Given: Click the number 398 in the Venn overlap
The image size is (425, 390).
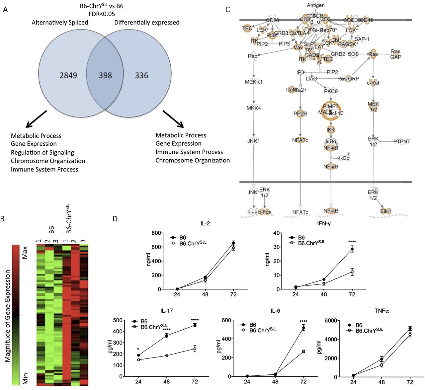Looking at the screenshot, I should click(105, 75).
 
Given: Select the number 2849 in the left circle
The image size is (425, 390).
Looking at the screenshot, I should click(68, 75).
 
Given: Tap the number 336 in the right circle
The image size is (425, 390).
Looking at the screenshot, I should click(141, 75).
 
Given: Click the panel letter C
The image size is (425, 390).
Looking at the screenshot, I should click(227, 9).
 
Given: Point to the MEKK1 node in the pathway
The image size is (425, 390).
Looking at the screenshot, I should click(254, 82).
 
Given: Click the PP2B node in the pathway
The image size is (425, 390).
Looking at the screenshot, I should click(300, 114).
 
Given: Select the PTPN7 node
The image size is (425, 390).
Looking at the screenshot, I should click(401, 141).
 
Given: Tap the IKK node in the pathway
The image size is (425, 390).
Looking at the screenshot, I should click(331, 129).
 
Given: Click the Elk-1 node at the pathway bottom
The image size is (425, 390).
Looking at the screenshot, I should click(386, 211).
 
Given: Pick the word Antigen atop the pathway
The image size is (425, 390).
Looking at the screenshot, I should click(316, 5).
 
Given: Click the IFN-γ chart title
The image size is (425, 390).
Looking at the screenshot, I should click(324, 223).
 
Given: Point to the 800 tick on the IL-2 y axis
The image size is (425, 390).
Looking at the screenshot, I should click(156, 233).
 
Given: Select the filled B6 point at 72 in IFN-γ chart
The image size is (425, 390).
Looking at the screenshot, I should click(352, 249).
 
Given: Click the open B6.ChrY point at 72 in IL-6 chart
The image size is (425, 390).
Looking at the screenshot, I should click(303, 351).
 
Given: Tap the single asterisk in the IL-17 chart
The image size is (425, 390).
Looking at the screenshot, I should click(138, 349).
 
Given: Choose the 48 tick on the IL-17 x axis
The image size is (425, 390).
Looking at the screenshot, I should click(166, 382).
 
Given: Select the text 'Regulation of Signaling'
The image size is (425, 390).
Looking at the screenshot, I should click(42, 152).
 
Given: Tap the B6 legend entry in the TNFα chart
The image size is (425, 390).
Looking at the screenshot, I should click(359, 325).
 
